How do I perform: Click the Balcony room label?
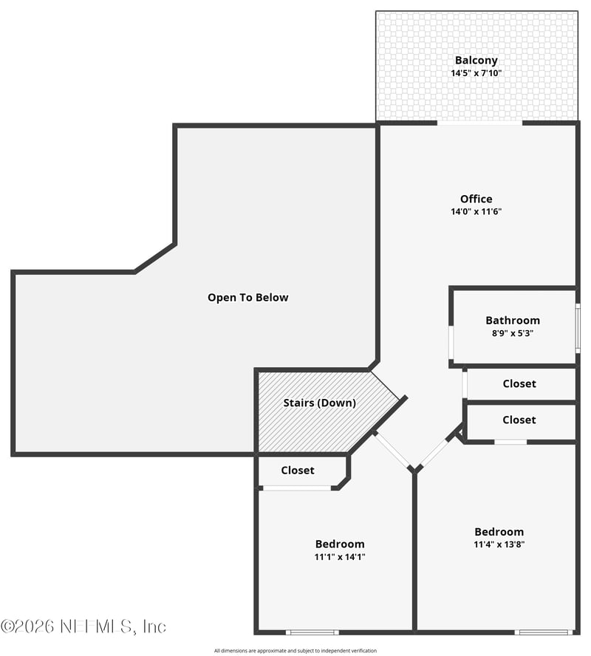tap(476, 61)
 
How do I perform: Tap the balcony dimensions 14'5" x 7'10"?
tap(476, 73)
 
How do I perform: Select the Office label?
tap(476, 199)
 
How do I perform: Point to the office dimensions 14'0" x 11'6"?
tap(476, 211)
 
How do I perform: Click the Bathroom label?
tap(512, 321)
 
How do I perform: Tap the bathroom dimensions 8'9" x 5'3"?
tap(512, 333)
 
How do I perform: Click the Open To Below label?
tap(247, 298)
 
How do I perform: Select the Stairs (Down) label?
tap(319, 403)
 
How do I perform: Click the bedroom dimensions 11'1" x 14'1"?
tap(339, 557)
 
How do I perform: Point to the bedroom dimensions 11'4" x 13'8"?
tap(499, 544)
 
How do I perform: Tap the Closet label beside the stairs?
tap(297, 471)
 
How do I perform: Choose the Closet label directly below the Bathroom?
tap(519, 384)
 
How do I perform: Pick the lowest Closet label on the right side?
tap(519, 420)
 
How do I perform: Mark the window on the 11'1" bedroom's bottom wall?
tap(312, 632)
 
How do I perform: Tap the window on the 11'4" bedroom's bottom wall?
tap(543, 632)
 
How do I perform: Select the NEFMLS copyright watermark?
tap(83, 626)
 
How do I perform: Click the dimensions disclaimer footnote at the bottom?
tap(295, 651)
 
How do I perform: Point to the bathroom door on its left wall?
tap(451, 342)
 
